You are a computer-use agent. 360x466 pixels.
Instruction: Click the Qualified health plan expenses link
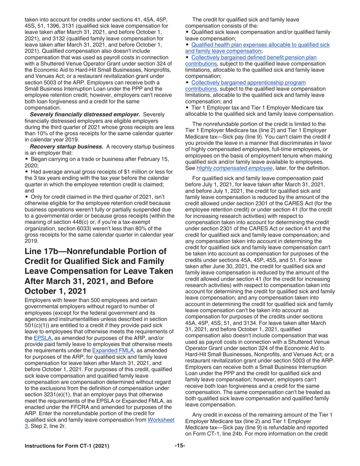(261, 44)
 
